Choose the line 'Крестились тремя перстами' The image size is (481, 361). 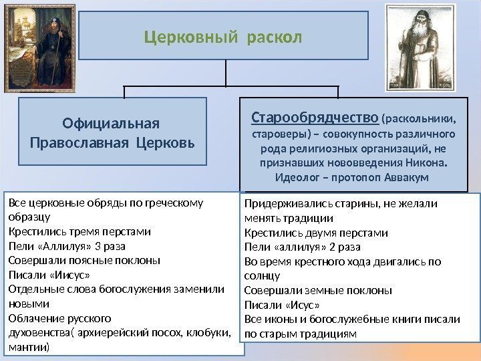pos(79,233)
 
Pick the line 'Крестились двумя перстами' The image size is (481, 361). pos(316,233)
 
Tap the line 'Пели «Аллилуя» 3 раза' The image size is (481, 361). pos(71,247)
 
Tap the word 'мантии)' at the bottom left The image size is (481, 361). pos(28,348)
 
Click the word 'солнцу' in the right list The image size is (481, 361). pos(262,275)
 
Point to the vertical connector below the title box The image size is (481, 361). pos(227,72)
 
